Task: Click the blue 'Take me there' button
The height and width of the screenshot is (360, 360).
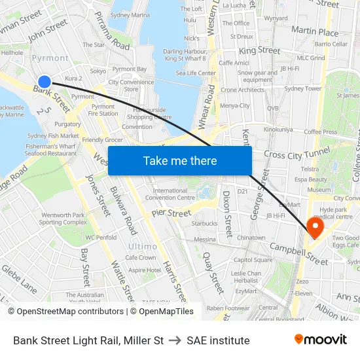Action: [x=180, y=161]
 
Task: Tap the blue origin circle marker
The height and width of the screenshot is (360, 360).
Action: [x=45, y=82]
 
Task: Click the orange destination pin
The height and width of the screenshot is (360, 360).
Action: [x=315, y=228]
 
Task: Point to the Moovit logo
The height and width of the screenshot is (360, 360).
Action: [x=321, y=340]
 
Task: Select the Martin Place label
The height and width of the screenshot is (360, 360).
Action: [x=315, y=31]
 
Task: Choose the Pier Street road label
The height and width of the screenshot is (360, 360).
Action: [x=170, y=213]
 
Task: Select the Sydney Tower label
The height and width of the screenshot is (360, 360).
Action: [x=303, y=88]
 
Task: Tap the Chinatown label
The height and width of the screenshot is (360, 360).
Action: [x=251, y=238]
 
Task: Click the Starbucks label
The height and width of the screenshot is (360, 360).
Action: [x=205, y=223]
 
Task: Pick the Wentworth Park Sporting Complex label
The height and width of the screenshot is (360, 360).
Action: [x=63, y=219]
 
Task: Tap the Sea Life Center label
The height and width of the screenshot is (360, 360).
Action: [x=196, y=73]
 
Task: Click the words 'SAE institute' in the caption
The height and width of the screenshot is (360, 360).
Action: [x=218, y=340]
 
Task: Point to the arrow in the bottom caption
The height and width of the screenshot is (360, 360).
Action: [x=175, y=340]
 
